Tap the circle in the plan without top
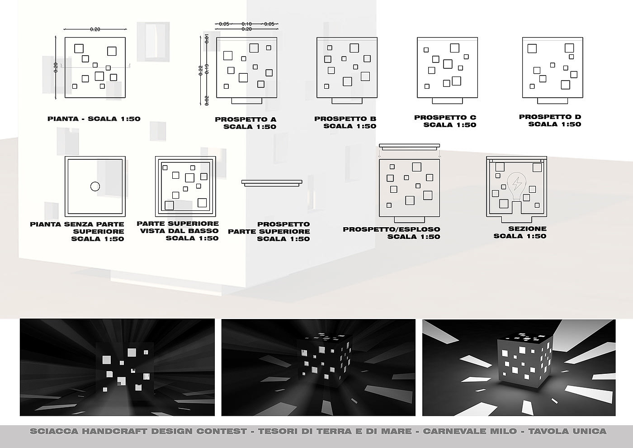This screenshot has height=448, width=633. click(x=95, y=186)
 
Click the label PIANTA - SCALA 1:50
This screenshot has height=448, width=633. click(x=94, y=119)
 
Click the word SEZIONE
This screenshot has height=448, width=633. click(x=527, y=229)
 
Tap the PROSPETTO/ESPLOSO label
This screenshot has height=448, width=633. click(x=392, y=229)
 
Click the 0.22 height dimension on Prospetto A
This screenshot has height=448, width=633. click(x=201, y=70)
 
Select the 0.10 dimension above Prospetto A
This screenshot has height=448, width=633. click(x=247, y=24)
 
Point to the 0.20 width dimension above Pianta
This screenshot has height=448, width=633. click(x=95, y=29)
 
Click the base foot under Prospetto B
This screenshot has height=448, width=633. click(x=347, y=100)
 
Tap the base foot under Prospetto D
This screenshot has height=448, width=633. click(x=553, y=100)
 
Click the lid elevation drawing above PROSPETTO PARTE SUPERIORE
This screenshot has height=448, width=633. click(x=272, y=182)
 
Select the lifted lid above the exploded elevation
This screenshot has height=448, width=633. click(x=409, y=146)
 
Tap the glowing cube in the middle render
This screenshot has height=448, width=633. click(x=324, y=362)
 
